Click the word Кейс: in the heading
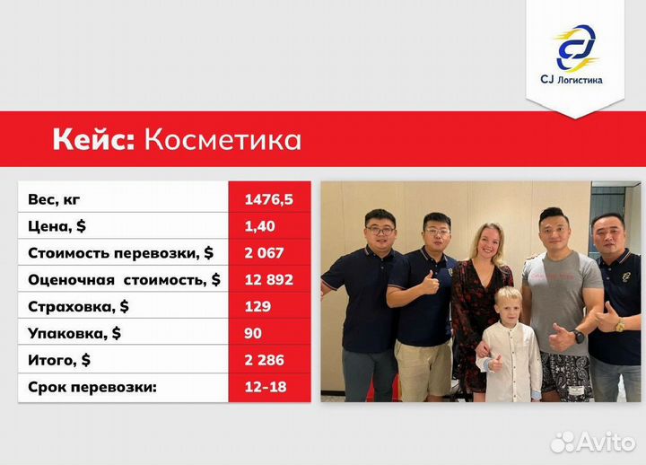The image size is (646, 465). [92, 140]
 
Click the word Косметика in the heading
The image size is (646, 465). [223, 140]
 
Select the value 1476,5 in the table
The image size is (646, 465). [270, 198]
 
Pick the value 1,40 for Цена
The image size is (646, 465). [260, 225]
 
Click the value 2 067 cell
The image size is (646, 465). [266, 252]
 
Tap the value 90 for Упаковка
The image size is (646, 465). [253, 334]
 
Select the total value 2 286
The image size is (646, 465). [266, 361]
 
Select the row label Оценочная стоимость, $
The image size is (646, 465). [124, 280]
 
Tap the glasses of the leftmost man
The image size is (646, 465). [380, 231]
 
